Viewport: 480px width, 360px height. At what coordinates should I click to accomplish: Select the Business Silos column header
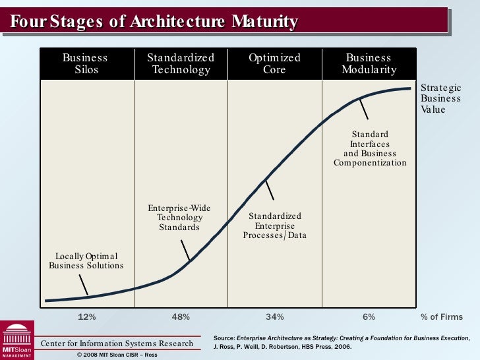click(85, 63)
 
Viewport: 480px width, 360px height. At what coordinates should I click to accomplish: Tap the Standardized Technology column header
click(181, 63)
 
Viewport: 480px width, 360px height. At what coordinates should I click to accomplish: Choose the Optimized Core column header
click(274, 63)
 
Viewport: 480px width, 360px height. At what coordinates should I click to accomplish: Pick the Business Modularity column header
click(369, 63)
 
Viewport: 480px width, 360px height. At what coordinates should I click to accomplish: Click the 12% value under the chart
click(87, 317)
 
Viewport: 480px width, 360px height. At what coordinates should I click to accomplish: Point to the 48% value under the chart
click(181, 317)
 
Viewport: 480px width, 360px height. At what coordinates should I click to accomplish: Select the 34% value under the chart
click(275, 317)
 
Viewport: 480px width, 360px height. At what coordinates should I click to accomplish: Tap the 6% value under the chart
click(369, 317)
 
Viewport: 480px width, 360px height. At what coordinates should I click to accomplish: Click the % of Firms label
click(442, 317)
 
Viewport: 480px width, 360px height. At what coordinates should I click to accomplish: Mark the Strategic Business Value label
click(440, 98)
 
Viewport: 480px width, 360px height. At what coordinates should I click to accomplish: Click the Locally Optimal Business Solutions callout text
click(86, 260)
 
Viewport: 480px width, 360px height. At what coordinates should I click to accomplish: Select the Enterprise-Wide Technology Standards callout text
click(179, 218)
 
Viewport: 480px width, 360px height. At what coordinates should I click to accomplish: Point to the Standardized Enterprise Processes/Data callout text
click(275, 225)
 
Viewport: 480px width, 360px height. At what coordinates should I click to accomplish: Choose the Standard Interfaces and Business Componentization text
click(370, 148)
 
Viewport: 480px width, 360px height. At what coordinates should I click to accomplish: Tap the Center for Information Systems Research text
click(117, 343)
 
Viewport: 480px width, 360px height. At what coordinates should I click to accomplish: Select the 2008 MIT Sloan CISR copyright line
click(117, 354)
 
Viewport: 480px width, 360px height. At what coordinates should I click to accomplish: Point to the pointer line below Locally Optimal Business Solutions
click(84, 285)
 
